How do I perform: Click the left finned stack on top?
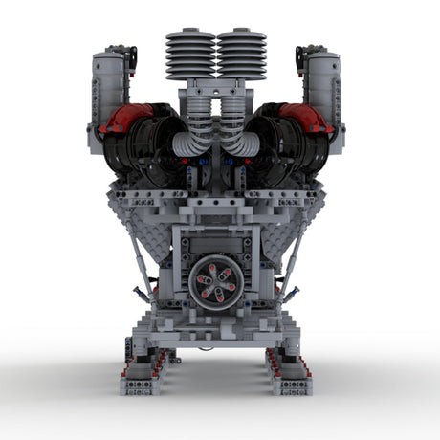click(x=190, y=55)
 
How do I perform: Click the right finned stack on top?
click(x=241, y=55)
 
